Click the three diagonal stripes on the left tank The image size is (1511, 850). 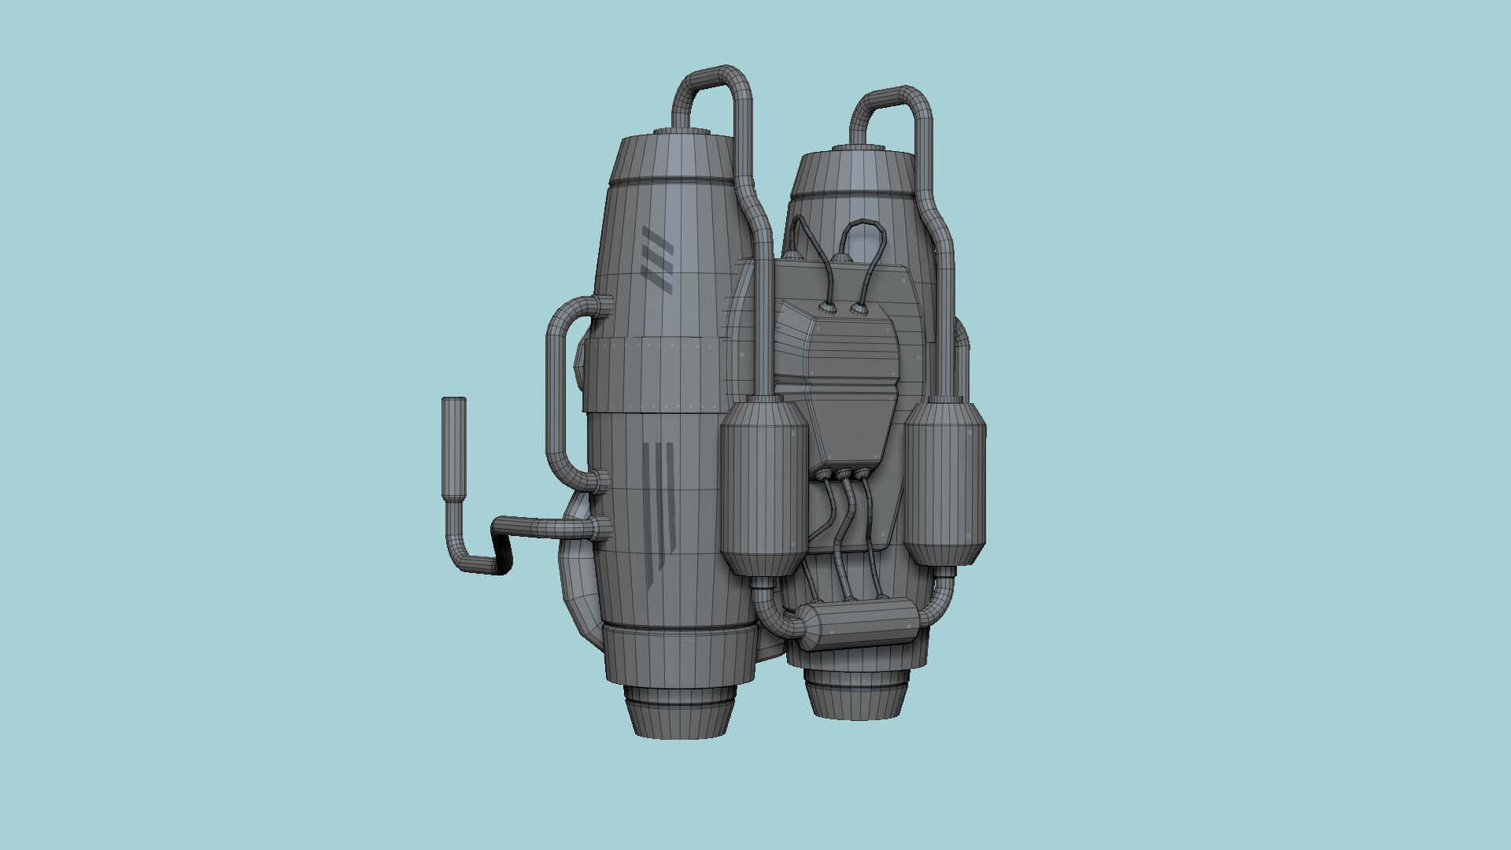click(657, 260)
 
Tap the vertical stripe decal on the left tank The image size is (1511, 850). click(659, 512)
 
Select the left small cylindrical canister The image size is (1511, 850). click(764, 488)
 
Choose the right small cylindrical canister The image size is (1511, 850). click(944, 484)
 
